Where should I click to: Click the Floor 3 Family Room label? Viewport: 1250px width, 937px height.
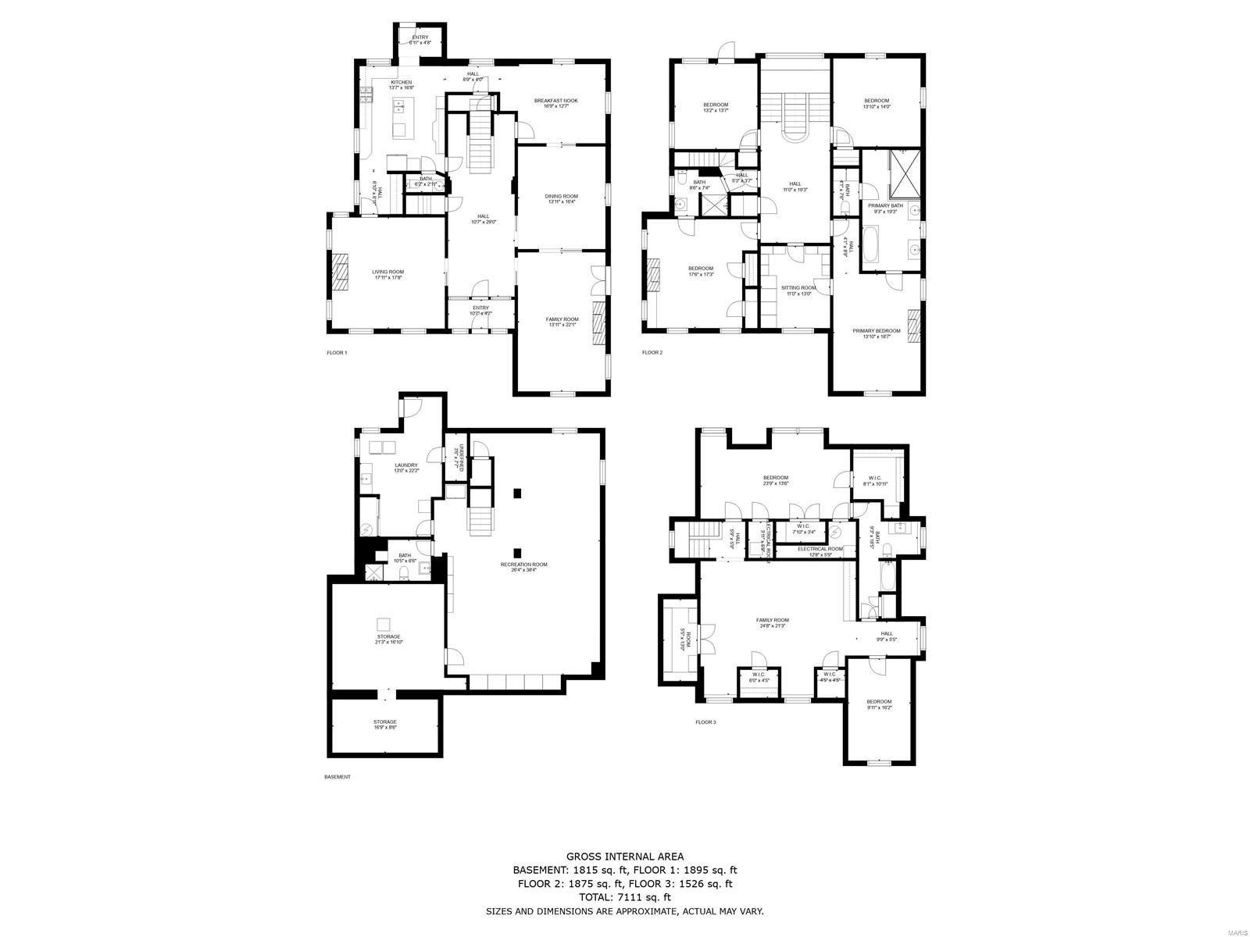click(x=772, y=622)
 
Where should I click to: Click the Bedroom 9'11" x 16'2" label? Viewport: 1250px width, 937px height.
click(x=878, y=705)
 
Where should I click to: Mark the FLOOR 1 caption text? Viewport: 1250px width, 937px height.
click(x=337, y=353)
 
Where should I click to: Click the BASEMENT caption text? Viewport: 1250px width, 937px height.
click(x=337, y=777)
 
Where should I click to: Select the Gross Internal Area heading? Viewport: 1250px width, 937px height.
click(x=624, y=857)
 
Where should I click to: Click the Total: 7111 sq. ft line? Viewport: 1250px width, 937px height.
click(x=624, y=898)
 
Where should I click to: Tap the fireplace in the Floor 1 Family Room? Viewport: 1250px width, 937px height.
click(x=598, y=322)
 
